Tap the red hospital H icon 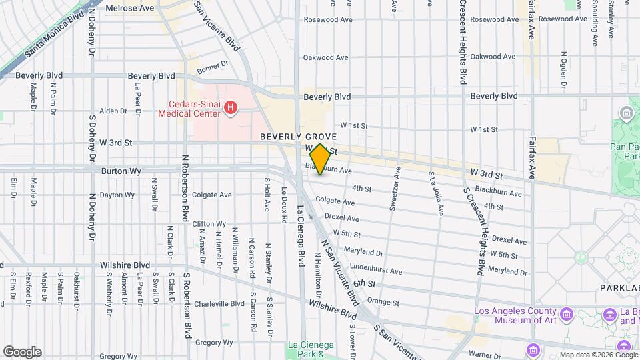click(231, 107)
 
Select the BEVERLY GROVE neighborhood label click(299, 136)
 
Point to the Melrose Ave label click(130, 8)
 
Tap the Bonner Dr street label click(213, 67)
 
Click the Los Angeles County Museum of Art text click(515, 316)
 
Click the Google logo click(22, 352)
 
